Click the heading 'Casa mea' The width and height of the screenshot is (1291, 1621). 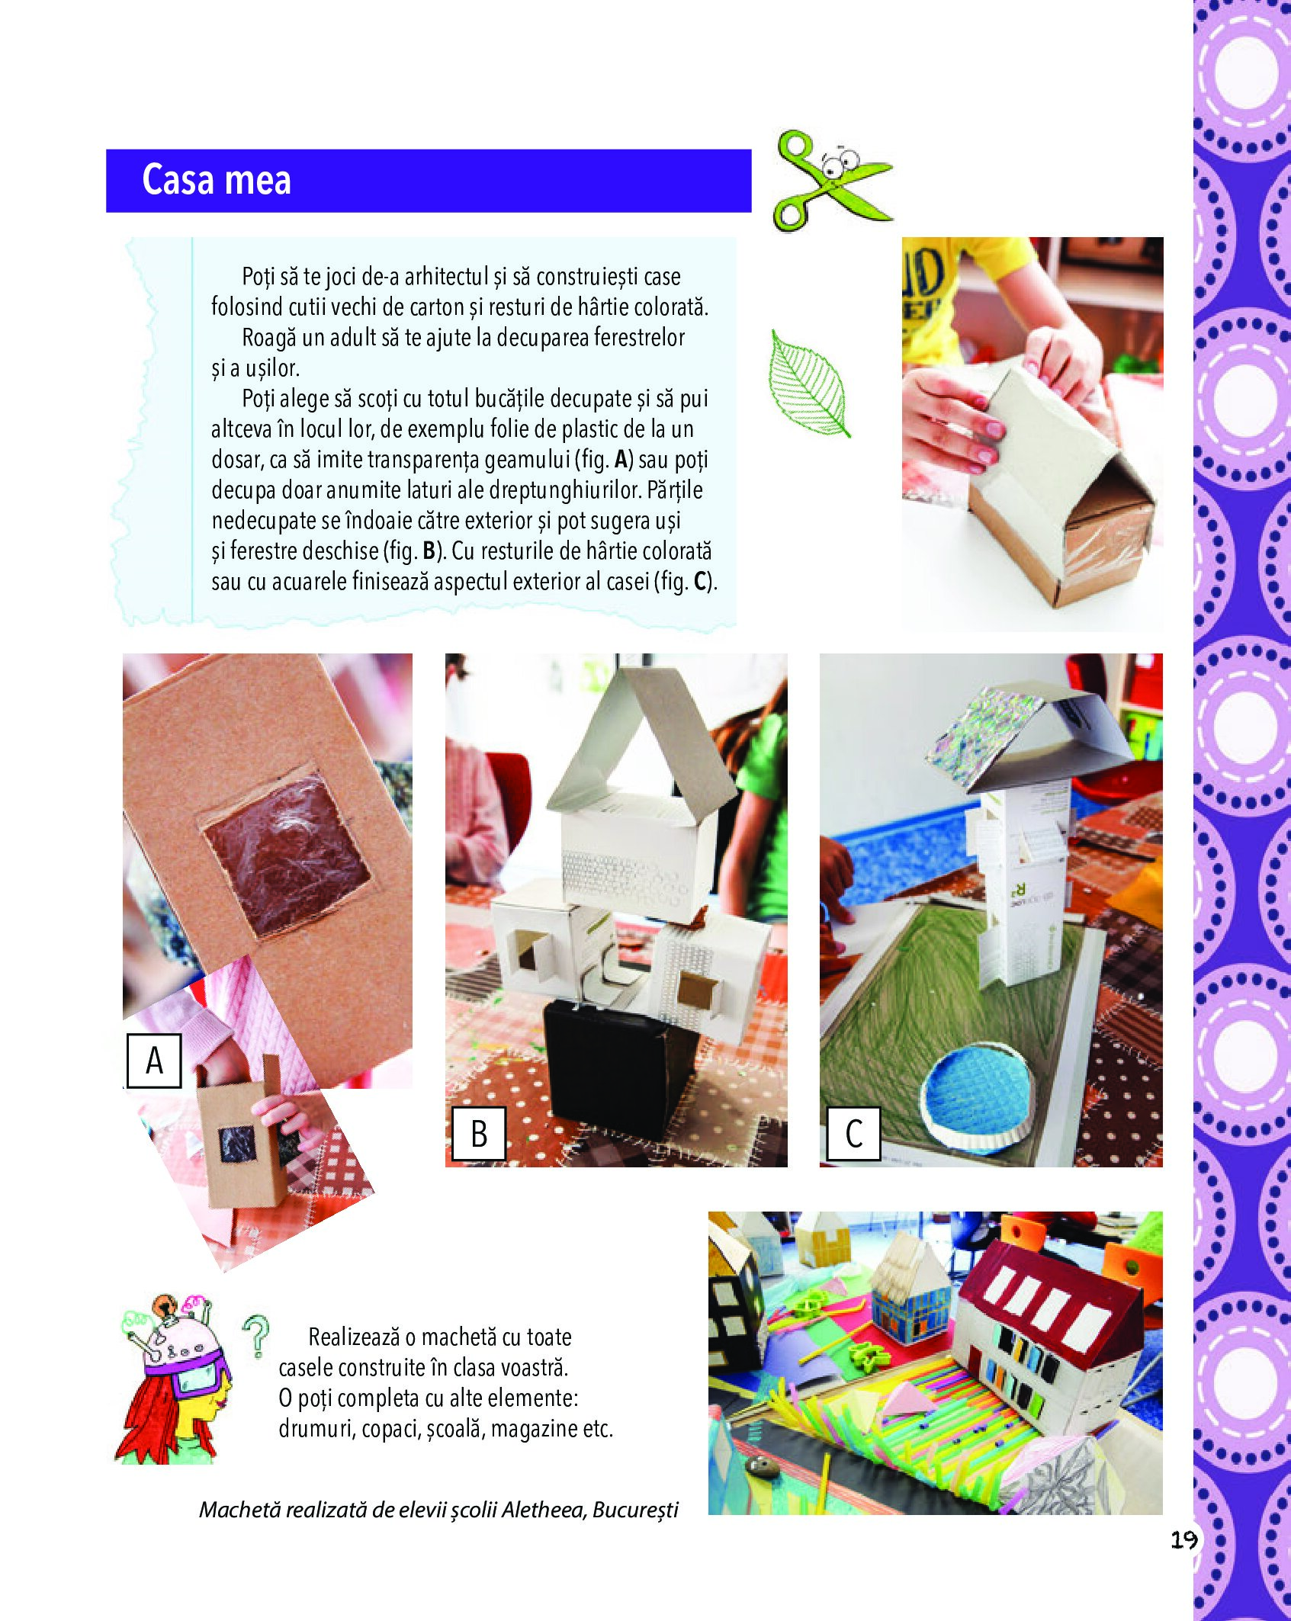click(x=217, y=181)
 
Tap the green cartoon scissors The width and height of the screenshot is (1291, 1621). click(x=831, y=181)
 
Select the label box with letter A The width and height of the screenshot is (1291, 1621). click(x=154, y=1060)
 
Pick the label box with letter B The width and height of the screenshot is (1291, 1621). click(x=478, y=1134)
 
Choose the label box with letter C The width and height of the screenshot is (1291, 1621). click(x=853, y=1134)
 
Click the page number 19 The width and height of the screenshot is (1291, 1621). click(x=1183, y=1539)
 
